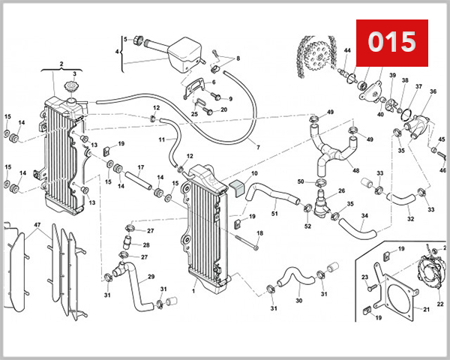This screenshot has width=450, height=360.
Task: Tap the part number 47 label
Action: coord(37,224)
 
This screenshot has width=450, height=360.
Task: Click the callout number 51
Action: coord(274,214)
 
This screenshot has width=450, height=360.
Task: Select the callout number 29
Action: coord(151,277)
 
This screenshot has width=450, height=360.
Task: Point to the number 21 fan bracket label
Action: coord(426,309)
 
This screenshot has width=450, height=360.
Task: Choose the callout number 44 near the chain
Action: coord(347,51)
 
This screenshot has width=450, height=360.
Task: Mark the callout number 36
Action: coord(433,91)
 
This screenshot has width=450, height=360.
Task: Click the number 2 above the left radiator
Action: coord(61,64)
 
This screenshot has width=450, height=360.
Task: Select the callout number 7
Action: coord(257,147)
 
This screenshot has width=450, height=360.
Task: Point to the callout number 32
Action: coord(410,219)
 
